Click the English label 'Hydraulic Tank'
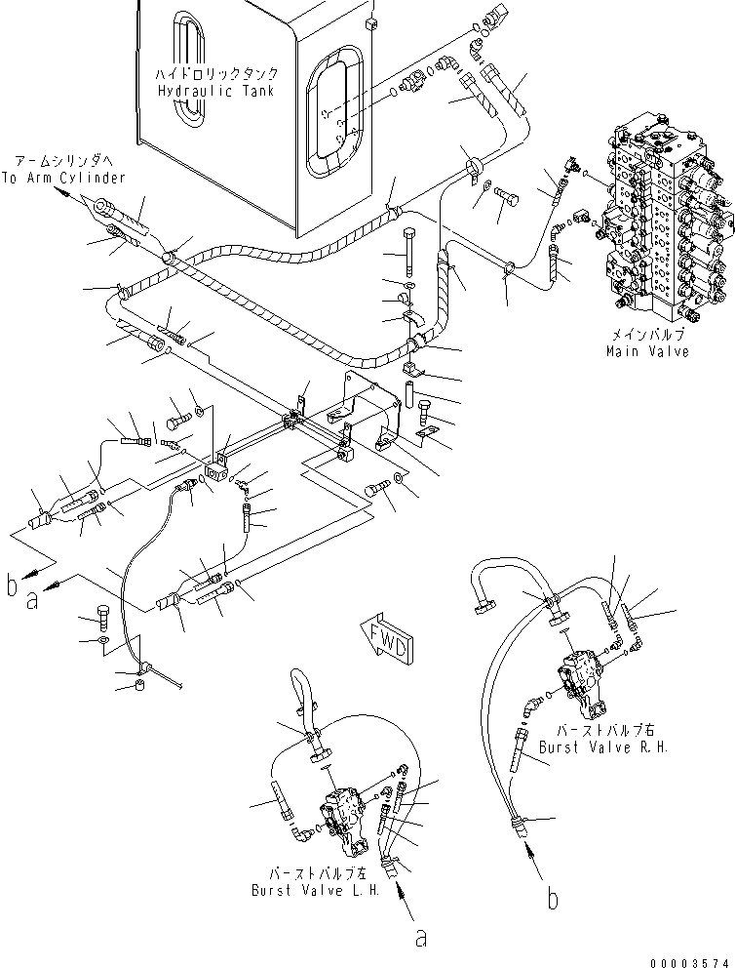[x=214, y=90]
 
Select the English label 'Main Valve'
[x=648, y=351]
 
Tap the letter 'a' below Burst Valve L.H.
[x=420, y=938]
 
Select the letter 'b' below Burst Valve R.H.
[x=553, y=899]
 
